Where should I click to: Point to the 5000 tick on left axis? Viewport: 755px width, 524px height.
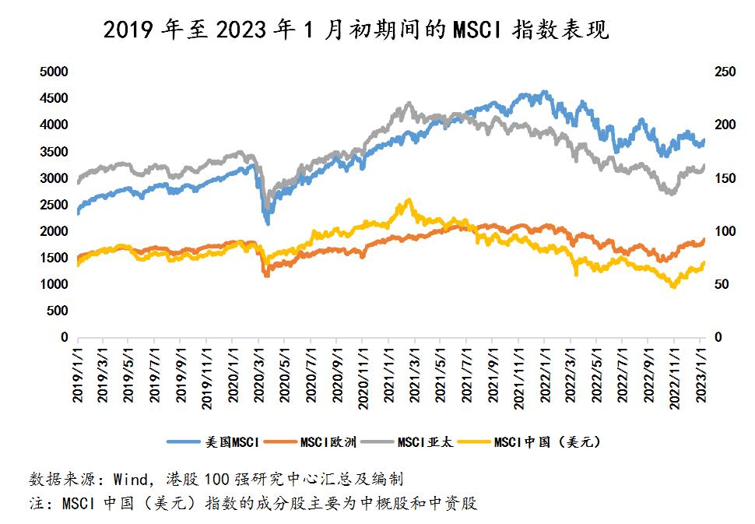pos(54,72)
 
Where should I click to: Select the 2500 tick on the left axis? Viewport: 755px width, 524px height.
pos(54,205)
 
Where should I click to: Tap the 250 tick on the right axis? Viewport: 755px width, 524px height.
pos(724,72)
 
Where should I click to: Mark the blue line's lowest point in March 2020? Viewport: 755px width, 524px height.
pos(268,223)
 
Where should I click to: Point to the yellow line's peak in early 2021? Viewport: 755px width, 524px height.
pos(409,201)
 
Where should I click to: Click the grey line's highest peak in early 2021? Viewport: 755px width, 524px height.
pos(409,104)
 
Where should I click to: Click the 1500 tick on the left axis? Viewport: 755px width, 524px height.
pos(54,258)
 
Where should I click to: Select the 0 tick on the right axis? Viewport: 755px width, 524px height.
pos(718,338)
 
